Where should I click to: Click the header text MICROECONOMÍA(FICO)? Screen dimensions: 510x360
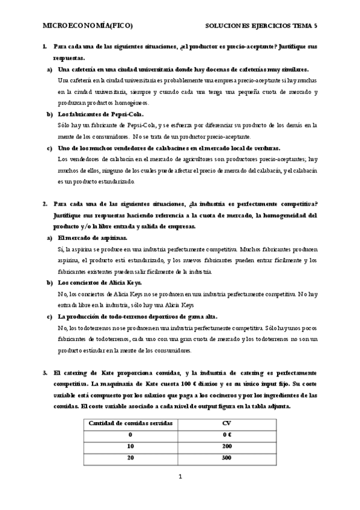87,26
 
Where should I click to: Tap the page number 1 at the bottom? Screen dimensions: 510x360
180,478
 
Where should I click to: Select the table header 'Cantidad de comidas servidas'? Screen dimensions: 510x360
130,423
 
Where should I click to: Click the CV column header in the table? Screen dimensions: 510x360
226,423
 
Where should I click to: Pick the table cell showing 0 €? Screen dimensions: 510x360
226,435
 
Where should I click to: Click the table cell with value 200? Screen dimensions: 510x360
226,446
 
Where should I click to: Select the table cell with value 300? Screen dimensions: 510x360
226,458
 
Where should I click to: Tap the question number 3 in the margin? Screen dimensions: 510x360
44,373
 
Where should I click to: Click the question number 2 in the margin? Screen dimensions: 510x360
44,204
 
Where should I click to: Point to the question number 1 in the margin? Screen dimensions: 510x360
44,46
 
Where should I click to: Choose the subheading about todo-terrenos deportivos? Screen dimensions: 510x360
137,316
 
